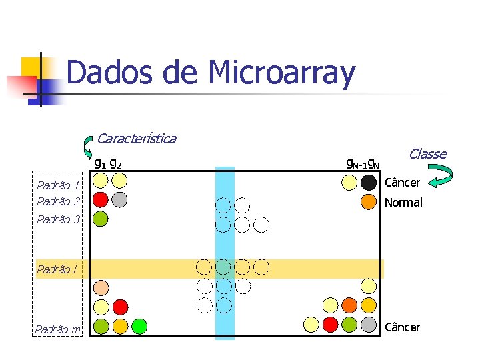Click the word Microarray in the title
pos(282,73)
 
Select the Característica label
pos(136,139)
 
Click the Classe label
pos(427,154)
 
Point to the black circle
pos(369,182)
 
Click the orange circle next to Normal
pos(369,202)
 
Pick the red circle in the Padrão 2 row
pos(101,199)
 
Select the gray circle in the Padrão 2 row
pos(119,199)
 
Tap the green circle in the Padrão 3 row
pos(101,218)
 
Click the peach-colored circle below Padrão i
pos(101,288)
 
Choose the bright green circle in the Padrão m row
pos(139,326)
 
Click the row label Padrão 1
pos(58,185)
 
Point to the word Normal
pos(403,203)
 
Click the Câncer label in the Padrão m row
pos(403,327)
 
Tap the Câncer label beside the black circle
pos(403,183)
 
